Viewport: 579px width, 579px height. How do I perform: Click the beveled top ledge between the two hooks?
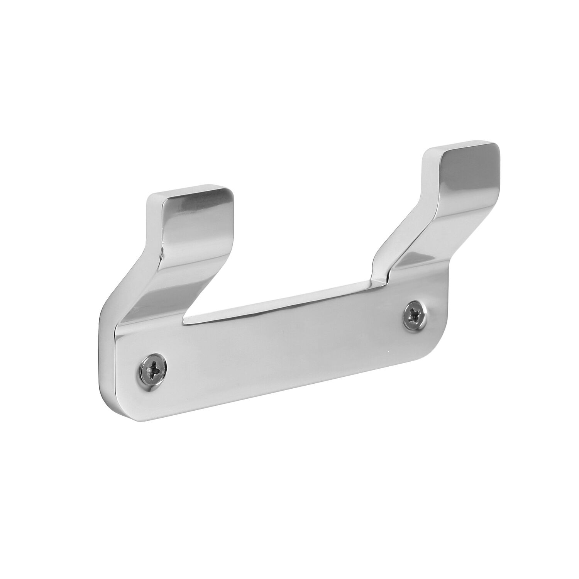(x=278, y=299)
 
